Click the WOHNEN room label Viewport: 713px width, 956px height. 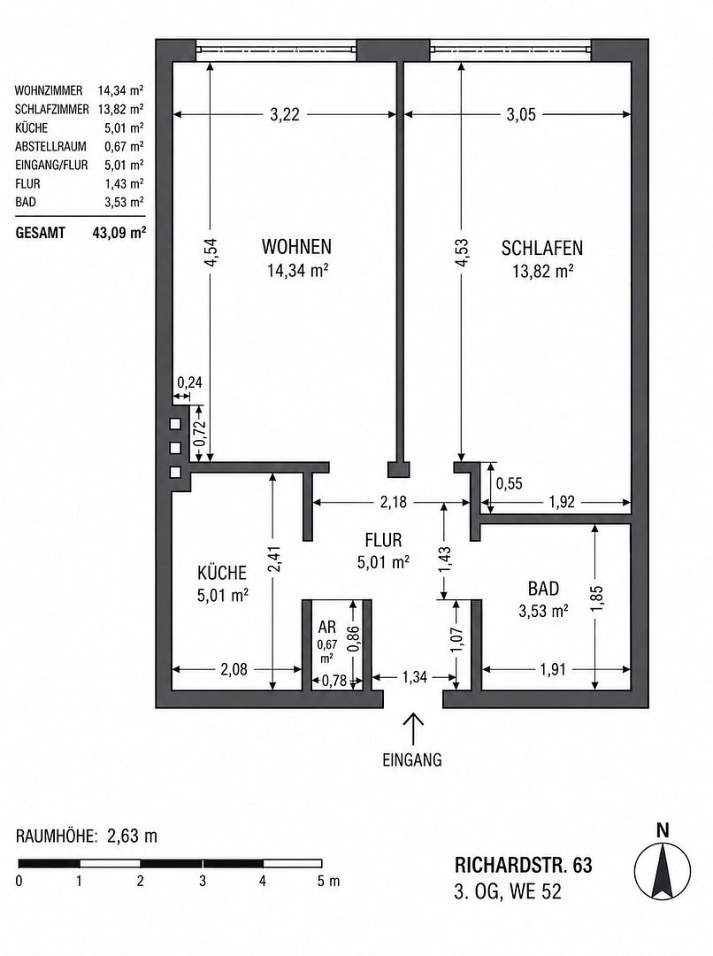[x=296, y=247]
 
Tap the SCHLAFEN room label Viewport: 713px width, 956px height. [x=542, y=248]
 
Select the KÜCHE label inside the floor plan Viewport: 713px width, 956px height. [x=222, y=573]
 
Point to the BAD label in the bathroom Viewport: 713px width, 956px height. [x=543, y=589]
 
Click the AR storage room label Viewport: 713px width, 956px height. [x=327, y=627]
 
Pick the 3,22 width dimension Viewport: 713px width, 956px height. [x=285, y=114]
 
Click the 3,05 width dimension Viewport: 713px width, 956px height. [x=521, y=114]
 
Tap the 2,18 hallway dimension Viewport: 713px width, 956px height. [x=393, y=503]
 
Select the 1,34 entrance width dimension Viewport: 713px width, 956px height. [x=414, y=677]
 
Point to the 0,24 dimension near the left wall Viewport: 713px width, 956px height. [x=189, y=383]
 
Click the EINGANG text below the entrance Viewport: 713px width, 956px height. [x=412, y=760]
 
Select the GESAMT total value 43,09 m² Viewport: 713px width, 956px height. [x=119, y=233]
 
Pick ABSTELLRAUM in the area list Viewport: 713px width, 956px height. [x=50, y=147]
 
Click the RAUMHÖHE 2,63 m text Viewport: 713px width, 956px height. [x=87, y=836]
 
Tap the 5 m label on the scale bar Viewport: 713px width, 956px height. [x=328, y=882]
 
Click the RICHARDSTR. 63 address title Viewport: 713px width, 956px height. [x=523, y=865]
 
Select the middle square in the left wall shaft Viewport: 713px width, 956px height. [x=175, y=448]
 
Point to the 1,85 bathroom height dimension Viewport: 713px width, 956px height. [x=596, y=600]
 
